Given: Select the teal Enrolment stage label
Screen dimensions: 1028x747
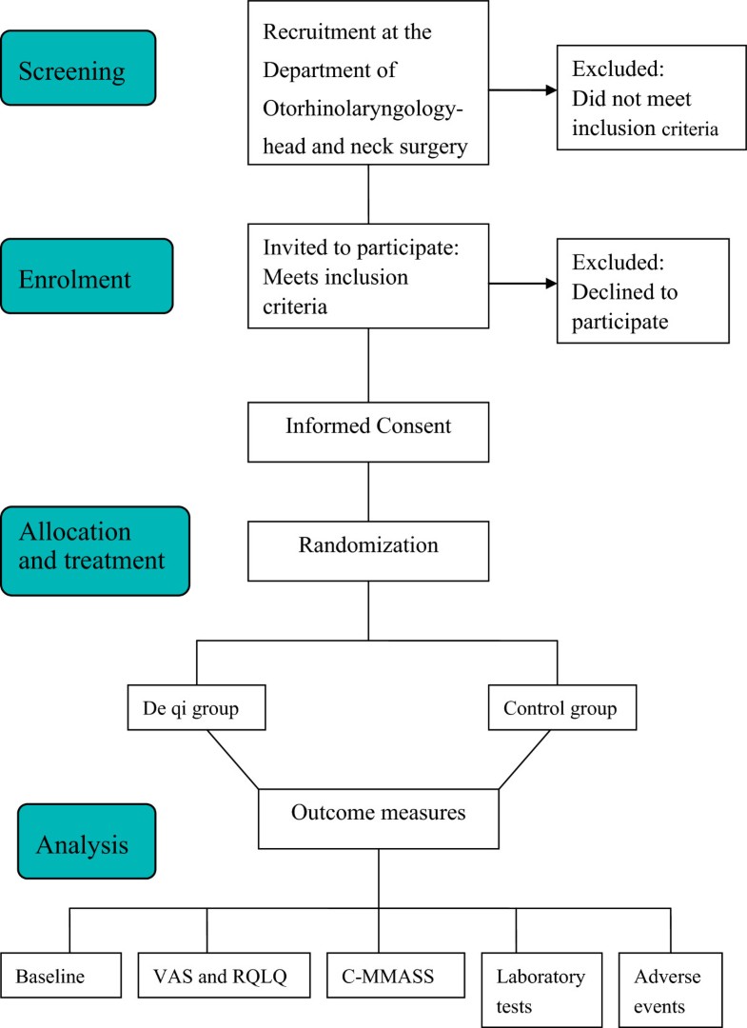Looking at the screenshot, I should tap(87, 276).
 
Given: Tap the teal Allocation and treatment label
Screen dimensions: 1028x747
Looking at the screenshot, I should tap(94, 550).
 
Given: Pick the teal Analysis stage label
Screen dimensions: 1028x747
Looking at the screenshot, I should tap(85, 840).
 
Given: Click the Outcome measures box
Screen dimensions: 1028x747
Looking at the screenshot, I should tap(379, 815).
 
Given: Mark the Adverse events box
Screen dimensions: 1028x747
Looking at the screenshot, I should tap(672, 991).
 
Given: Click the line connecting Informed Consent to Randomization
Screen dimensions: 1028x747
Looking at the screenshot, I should tap(368, 489).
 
